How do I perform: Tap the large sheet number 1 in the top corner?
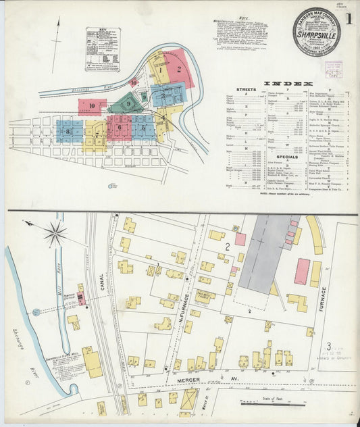coord(349,20)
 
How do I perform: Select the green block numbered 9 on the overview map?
coord(125,103)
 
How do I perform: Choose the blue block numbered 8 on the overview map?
coord(68,129)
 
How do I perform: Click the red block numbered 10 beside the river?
coord(91,106)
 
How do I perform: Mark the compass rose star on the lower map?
coord(55,234)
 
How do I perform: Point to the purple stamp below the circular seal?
coord(333,69)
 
